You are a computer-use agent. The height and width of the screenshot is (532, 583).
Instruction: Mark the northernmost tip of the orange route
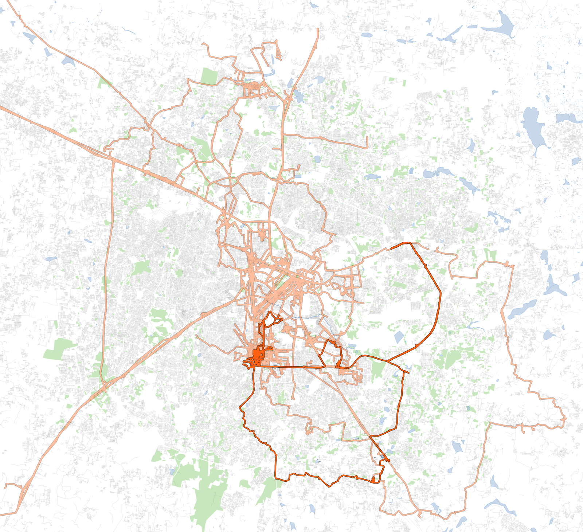pos(318,29)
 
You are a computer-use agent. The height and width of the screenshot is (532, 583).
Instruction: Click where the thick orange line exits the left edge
pos(1,107)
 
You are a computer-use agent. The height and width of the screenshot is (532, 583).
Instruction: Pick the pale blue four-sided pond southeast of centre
pos(399,337)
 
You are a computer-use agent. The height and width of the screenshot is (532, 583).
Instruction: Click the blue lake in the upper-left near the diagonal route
pos(68,60)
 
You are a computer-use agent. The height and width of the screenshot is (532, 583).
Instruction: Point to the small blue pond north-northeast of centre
pos(317,159)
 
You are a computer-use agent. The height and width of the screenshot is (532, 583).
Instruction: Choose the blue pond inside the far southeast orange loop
pos(457,446)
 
